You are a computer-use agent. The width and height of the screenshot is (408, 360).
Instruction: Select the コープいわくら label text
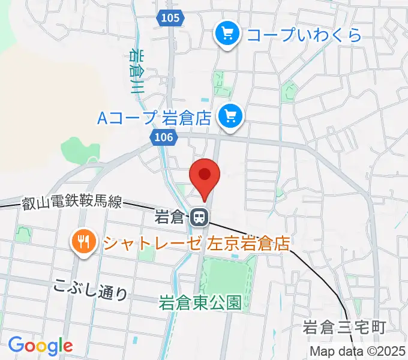(x=305, y=35)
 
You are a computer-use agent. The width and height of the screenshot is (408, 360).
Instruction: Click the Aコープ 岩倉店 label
(x=155, y=116)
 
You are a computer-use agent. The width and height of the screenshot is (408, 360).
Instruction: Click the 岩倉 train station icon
(x=199, y=217)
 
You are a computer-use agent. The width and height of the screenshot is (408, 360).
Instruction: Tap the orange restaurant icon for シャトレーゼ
(x=83, y=242)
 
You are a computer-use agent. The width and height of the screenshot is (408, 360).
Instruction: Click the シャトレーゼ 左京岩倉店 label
(x=196, y=244)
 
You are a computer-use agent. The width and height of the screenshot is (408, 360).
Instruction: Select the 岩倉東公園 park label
(x=200, y=303)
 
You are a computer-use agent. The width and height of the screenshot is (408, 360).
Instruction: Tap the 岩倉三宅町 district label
(x=343, y=328)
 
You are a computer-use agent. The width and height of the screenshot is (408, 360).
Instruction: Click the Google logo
(x=40, y=345)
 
